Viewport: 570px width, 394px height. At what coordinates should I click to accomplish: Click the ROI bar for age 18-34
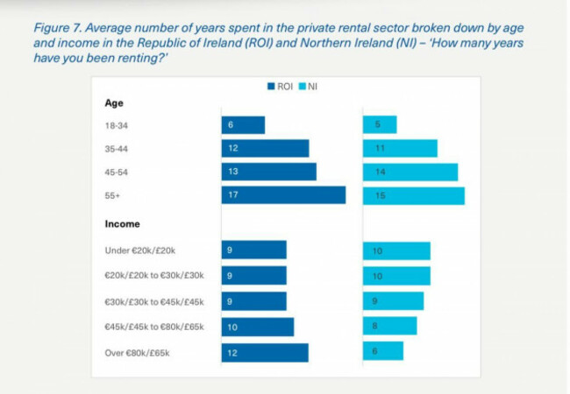pos(243,125)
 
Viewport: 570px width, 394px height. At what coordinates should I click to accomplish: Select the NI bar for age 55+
pos(413,195)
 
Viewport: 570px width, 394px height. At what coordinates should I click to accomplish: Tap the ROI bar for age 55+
pos(283,195)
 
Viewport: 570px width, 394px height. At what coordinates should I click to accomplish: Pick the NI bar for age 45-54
pos(410,172)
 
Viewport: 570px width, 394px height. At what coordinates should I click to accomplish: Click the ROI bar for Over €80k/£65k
pos(264,353)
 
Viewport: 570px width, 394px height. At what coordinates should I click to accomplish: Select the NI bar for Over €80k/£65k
pos(382,351)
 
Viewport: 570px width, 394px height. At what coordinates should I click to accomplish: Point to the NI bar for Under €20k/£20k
pos(396,251)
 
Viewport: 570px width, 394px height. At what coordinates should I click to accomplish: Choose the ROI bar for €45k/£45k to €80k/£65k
pos(257,327)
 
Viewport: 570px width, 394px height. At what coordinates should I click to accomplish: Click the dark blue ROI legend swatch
pos(272,87)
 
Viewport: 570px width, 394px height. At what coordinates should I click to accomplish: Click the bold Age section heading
pos(114,103)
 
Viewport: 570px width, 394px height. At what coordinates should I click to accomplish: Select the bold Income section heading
pos(123,224)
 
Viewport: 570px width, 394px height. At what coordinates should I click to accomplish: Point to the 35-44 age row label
pos(117,149)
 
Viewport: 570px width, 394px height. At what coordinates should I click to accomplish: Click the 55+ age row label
pos(111,195)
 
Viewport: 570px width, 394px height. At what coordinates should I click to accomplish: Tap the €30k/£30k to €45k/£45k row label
pos(153,300)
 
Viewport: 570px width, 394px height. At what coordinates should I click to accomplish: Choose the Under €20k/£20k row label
pos(141,251)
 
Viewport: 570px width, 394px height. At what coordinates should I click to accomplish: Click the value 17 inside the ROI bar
pos(233,195)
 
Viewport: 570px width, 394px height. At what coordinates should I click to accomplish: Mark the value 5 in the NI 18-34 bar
pos(378,125)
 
